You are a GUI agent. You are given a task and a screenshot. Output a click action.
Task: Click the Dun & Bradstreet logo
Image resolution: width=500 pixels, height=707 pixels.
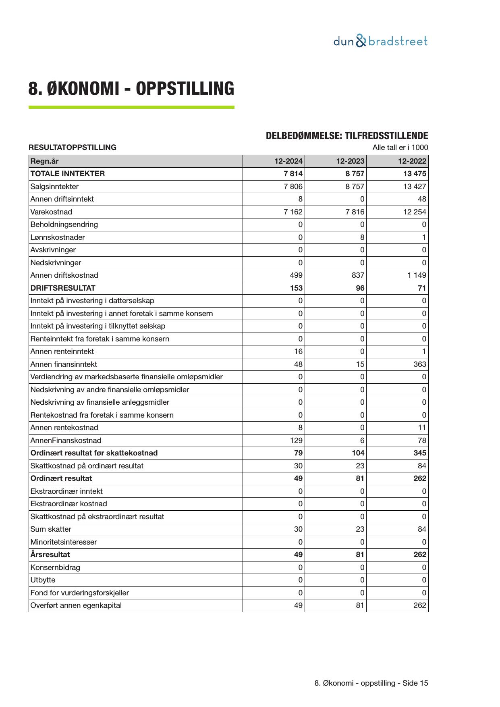click(380, 41)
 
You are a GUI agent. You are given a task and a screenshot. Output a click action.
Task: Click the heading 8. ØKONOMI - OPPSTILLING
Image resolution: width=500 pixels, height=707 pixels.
click(131, 89)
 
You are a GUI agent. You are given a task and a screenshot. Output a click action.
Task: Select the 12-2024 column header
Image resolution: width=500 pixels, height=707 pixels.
click(288, 161)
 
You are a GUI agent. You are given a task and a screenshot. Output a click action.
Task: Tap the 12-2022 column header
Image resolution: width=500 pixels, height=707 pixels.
click(412, 161)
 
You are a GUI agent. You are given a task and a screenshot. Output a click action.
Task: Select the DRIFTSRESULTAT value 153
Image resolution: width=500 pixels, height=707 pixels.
click(296, 288)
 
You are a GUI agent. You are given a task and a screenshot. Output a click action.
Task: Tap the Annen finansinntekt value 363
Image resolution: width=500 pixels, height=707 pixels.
click(419, 364)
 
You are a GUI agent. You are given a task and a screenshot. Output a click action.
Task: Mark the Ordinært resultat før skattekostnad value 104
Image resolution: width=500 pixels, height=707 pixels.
click(358, 453)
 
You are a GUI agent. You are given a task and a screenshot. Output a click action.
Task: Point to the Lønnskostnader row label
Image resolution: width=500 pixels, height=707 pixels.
click(58, 237)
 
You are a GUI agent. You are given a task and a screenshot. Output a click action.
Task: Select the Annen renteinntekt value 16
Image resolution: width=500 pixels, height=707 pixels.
click(298, 351)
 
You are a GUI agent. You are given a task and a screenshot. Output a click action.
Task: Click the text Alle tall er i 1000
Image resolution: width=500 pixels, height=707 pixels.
click(400, 148)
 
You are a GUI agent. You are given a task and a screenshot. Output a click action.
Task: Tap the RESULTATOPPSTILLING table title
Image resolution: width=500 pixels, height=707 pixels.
click(73, 148)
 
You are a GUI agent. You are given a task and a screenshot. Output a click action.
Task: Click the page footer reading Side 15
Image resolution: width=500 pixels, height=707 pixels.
click(371, 683)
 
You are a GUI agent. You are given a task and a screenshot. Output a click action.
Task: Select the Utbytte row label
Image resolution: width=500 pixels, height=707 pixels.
click(43, 580)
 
